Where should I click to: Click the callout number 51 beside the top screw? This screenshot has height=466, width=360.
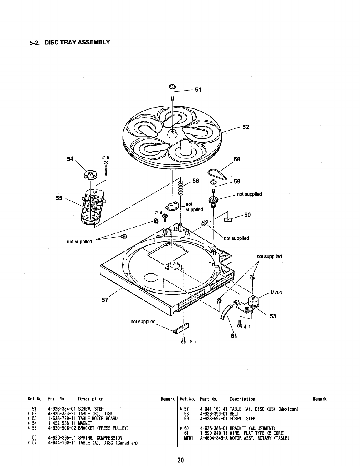click(x=198, y=90)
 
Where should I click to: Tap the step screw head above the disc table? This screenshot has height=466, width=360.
click(x=172, y=87)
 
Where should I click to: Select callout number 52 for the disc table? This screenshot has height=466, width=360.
click(x=246, y=127)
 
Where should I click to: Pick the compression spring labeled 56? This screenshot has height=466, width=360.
click(x=181, y=187)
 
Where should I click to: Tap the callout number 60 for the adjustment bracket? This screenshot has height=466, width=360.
click(x=247, y=215)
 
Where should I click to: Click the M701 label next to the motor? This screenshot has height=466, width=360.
click(x=276, y=292)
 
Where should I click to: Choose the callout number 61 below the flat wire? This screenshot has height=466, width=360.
click(x=234, y=336)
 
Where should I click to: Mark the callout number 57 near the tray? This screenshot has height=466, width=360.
click(x=105, y=300)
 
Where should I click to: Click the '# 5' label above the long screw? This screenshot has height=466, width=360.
click(x=106, y=158)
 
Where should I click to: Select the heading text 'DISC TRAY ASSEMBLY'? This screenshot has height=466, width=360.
click(x=77, y=42)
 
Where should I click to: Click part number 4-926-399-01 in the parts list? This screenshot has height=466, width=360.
click(x=213, y=414)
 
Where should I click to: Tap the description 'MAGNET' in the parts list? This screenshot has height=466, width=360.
click(x=85, y=423)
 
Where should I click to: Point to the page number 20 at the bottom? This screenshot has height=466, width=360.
click(x=180, y=460)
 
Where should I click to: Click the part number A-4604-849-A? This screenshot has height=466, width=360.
click(x=213, y=438)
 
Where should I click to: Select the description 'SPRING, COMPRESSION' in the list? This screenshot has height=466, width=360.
click(x=100, y=438)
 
